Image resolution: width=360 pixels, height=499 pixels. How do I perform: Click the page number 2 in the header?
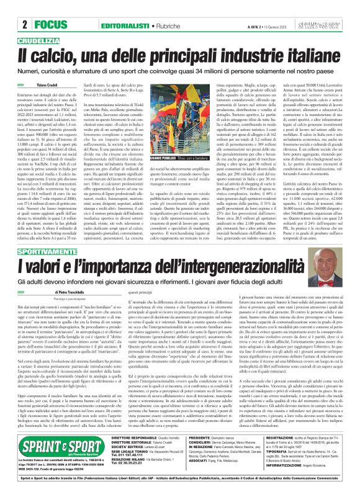pyautogui.click(x=24, y=8)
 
